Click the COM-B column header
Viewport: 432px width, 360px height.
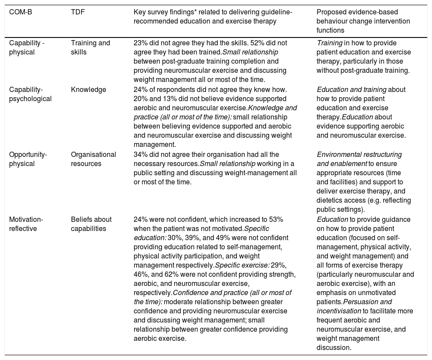tap(20, 12)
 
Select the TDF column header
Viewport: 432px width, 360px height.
tap(78, 12)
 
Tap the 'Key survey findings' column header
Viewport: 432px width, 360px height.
tap(213, 16)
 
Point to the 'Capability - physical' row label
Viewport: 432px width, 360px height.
tap(27, 47)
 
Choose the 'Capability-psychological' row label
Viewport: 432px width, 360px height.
tap(30, 94)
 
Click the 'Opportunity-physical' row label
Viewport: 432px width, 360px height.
tap(28, 159)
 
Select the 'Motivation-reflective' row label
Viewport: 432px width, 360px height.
tap(27, 224)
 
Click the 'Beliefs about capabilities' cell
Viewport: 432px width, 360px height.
tap(91, 224)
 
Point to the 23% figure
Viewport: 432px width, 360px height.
tap(140, 43)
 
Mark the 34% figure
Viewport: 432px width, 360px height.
tap(140, 155)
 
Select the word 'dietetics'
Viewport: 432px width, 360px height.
tap(330, 200)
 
